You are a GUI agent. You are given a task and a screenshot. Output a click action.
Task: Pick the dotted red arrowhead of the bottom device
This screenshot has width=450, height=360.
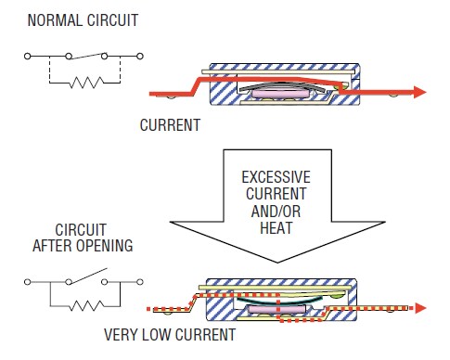coord(418,308)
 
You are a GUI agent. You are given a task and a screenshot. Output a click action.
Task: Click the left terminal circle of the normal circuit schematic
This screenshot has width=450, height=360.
coord(30,58)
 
